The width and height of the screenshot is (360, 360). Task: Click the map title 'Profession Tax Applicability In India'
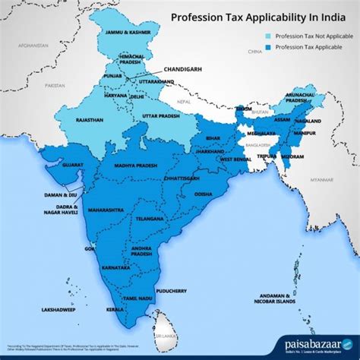point(254,16)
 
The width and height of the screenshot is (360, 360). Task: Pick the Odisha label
point(204,194)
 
